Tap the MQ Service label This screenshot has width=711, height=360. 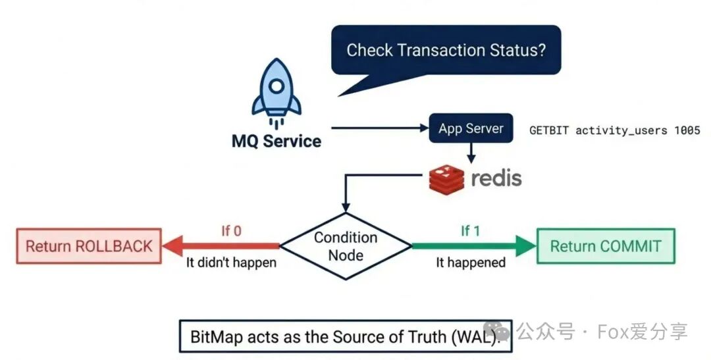tap(276, 141)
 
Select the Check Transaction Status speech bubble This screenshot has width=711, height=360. tap(446, 51)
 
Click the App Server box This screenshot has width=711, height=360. tap(471, 128)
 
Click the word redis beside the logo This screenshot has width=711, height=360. tap(496, 178)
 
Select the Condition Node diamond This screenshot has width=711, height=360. tap(346, 245)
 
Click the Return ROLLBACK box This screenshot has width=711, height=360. tap(89, 246)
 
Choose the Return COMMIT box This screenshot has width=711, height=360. tap(606, 246)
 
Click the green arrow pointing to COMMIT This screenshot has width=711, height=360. tap(474, 246)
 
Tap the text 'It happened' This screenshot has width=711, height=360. tap(471, 263)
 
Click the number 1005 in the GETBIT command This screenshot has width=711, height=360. tap(687, 130)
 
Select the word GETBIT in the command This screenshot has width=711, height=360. tap(550, 130)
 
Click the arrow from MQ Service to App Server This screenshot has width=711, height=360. tap(379, 128)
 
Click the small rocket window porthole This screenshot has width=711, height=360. tap(276, 86)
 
